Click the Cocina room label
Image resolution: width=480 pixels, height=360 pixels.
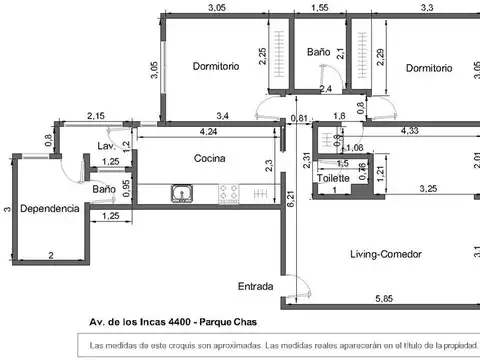click(x=209, y=158)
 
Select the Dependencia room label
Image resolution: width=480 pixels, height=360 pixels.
click(x=49, y=210)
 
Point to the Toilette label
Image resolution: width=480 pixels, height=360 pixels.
click(x=333, y=178)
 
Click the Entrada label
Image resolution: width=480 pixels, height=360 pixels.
click(x=255, y=287)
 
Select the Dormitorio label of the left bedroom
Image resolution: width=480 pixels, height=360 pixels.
click(x=217, y=67)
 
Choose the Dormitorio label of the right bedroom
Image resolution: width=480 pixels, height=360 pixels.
click(x=431, y=67)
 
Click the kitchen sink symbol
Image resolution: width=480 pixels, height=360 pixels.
click(x=182, y=192)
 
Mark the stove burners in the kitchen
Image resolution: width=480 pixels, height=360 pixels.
click(x=229, y=192)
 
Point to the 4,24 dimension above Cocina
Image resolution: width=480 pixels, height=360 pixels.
click(x=208, y=131)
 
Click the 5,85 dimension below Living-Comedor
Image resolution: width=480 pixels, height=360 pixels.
click(x=383, y=299)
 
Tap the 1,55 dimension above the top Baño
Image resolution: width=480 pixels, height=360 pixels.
click(x=320, y=8)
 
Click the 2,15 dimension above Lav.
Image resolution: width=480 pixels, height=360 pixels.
click(x=97, y=117)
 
